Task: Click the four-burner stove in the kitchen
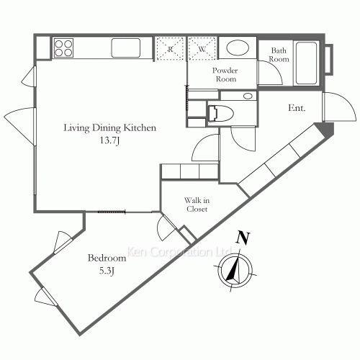click(x=63, y=48)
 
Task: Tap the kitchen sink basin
click(x=126, y=48)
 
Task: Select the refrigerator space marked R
click(x=170, y=49)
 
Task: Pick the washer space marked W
click(x=202, y=49)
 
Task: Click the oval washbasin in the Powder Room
click(x=238, y=48)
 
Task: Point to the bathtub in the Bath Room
click(x=306, y=63)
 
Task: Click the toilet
click(x=220, y=113)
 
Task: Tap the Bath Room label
click(x=279, y=55)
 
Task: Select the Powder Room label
click(x=225, y=75)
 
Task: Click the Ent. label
click(x=297, y=108)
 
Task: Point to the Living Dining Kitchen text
click(x=109, y=127)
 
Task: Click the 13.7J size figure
click(x=109, y=140)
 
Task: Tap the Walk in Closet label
click(x=197, y=204)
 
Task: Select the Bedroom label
click(x=107, y=258)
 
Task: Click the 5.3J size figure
click(x=107, y=271)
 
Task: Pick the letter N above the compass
click(x=243, y=238)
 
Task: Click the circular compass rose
click(x=235, y=271)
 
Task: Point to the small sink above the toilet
click(x=248, y=96)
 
